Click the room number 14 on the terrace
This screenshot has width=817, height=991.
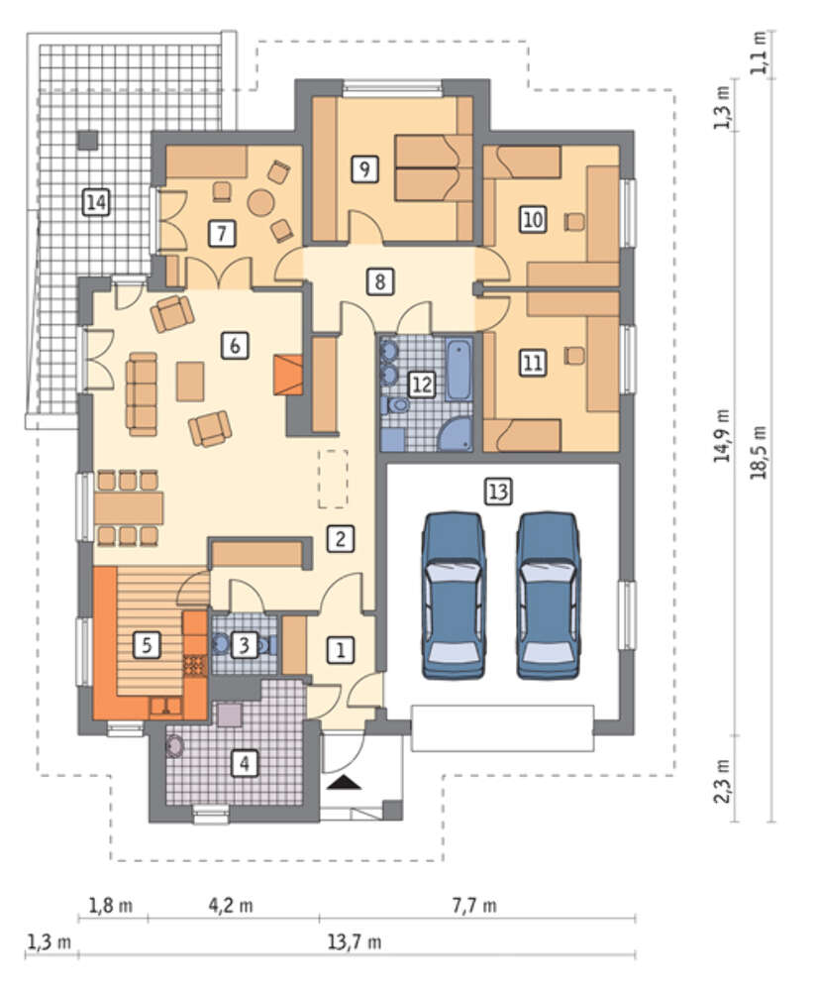point(96,203)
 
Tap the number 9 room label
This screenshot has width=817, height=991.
point(364,168)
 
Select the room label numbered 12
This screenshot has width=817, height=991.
point(422,385)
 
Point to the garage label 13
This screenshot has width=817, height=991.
point(497,492)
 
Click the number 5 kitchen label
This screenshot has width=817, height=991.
point(147,645)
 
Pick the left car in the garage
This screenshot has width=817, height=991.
point(454,596)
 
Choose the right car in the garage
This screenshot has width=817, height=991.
point(548,596)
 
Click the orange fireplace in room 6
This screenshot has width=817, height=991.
point(288,375)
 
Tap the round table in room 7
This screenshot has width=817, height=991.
point(260,202)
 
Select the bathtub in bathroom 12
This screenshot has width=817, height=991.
point(460,370)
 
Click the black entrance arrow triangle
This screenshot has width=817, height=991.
point(345,783)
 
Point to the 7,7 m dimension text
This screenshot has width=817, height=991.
point(474,906)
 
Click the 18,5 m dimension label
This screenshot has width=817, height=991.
point(759,452)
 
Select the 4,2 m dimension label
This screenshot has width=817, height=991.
point(231,906)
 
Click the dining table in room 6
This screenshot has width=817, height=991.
point(129,507)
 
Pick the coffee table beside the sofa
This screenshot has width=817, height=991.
point(190,382)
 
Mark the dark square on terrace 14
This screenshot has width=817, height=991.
point(88,140)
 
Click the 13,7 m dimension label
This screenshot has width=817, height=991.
point(355,943)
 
